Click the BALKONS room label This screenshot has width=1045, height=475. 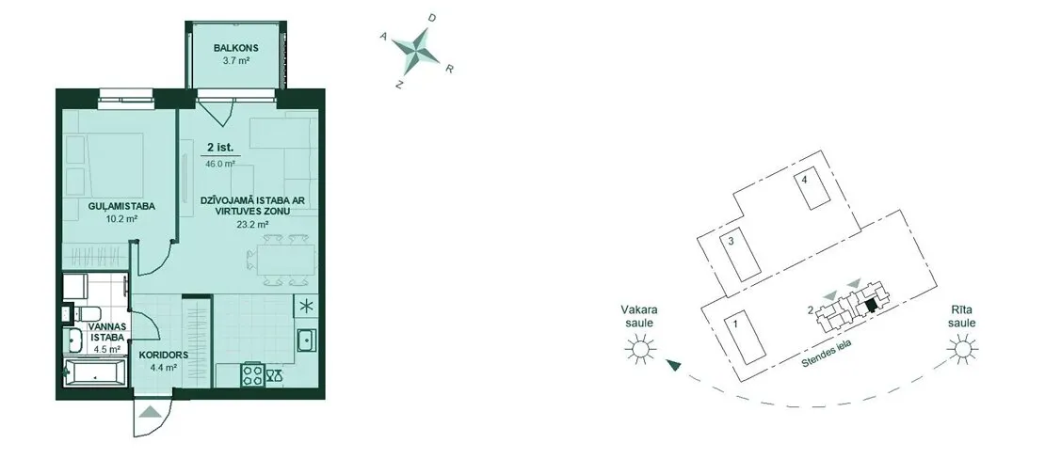click(x=236, y=48)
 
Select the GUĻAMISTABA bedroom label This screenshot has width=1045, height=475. click(x=121, y=207)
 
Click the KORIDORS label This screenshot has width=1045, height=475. click(x=163, y=356)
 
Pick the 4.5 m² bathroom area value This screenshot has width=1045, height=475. click(x=106, y=348)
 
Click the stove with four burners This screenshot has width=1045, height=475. click(x=252, y=374)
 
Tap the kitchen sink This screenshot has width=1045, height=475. click(x=307, y=341)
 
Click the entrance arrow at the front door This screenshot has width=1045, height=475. click(x=152, y=411)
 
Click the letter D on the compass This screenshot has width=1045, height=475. click(x=432, y=19)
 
